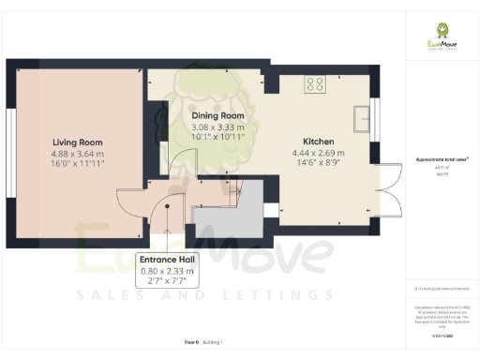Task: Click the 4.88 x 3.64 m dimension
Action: (x=77, y=153)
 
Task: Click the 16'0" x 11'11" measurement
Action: (x=77, y=163)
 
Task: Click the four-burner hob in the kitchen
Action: (x=316, y=83)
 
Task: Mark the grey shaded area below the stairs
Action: (x=229, y=213)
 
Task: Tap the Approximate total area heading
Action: (x=441, y=161)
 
